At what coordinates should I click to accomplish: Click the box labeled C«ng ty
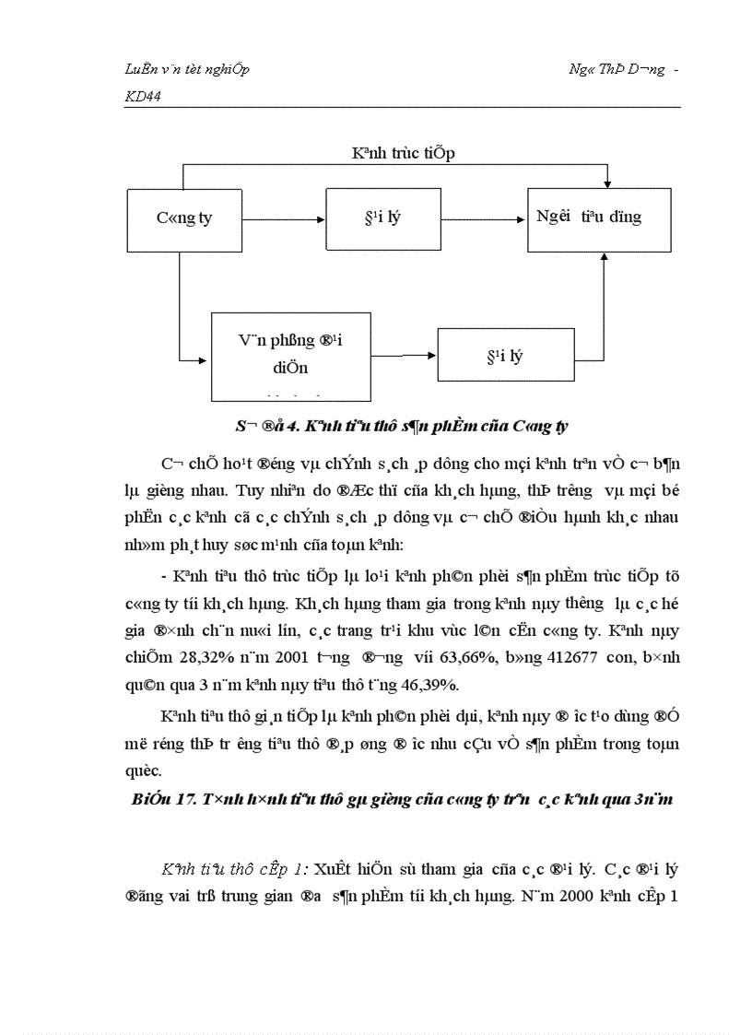point(182,219)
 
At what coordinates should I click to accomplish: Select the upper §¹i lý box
point(382,219)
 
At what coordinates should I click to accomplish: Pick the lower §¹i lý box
point(503,355)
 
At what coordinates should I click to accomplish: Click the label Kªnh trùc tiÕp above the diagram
point(403,153)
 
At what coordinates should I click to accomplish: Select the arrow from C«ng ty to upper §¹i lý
point(283,219)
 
